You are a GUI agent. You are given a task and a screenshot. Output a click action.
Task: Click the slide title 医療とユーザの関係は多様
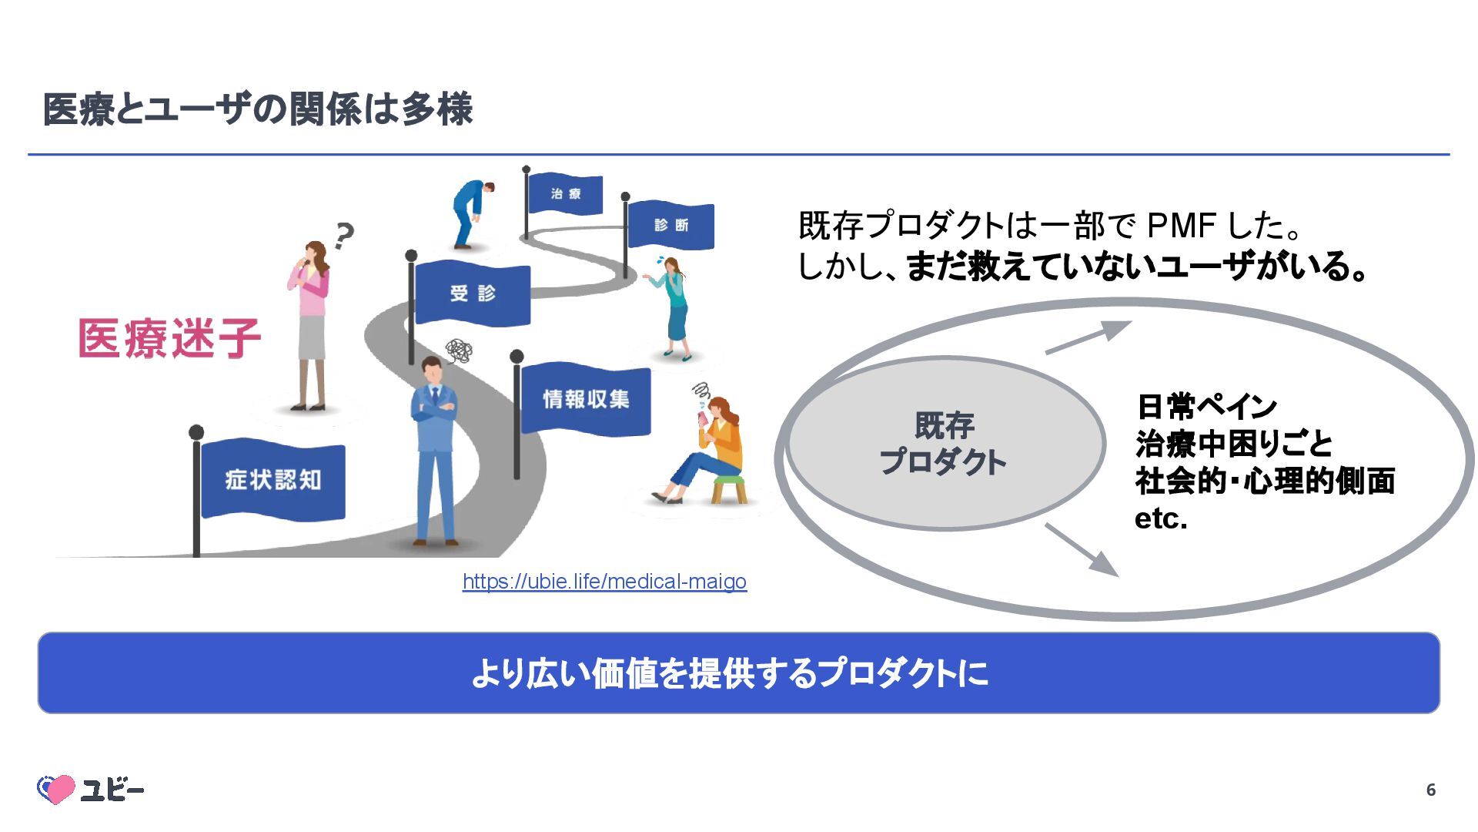point(257,109)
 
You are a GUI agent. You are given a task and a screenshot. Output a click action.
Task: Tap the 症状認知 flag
point(273,480)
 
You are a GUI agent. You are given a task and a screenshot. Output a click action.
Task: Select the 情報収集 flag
point(586,399)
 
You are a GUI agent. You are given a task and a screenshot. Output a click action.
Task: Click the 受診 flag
point(473,294)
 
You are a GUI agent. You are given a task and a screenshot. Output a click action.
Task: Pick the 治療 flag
point(566,193)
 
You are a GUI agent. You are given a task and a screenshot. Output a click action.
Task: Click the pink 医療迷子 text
point(169,338)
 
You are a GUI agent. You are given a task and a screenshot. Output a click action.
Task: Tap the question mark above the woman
point(343,235)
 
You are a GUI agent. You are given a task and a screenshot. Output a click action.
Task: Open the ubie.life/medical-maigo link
point(604,582)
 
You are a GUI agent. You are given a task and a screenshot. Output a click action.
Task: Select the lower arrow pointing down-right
point(1082,549)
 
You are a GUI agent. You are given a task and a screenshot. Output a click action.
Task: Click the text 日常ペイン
point(1206,406)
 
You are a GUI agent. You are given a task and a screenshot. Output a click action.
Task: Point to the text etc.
point(1161,518)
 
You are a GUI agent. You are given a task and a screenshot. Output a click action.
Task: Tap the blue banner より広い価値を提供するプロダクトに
point(738,673)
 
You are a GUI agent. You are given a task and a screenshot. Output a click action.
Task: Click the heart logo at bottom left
point(56,789)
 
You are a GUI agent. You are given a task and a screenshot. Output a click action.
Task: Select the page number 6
point(1430,790)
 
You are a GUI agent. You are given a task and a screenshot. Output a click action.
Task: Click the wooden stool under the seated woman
point(728,488)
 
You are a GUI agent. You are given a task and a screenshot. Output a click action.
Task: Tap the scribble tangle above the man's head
point(460,351)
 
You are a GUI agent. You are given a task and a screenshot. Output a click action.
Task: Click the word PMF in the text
point(1181,226)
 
